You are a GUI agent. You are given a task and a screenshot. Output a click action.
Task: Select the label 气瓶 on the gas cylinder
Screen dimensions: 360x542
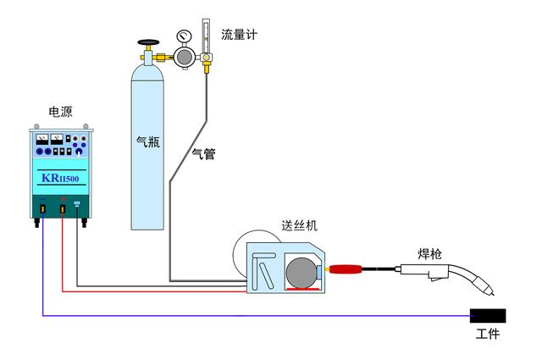click(148, 141)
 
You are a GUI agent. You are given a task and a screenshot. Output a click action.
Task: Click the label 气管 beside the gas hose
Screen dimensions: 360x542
click(203, 153)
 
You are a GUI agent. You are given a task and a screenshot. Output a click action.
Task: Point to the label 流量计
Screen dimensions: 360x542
click(238, 35)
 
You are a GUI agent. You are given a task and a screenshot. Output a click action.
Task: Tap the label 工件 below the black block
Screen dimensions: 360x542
click(488, 335)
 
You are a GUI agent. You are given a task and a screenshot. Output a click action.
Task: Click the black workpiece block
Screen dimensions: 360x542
click(489, 316)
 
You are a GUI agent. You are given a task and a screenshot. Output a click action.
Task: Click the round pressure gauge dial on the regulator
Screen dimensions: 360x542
click(184, 36)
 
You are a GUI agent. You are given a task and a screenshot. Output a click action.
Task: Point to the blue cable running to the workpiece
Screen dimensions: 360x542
click(254, 316)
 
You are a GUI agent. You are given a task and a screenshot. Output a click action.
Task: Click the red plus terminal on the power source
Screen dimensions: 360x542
click(63, 207)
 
